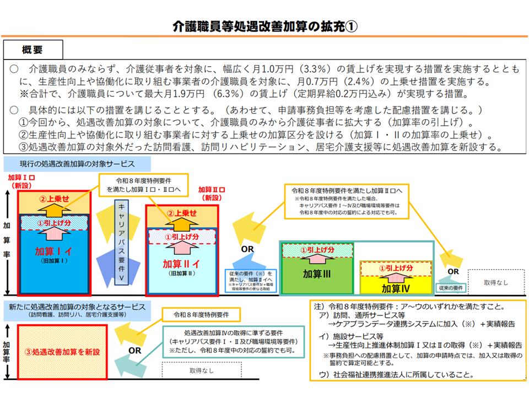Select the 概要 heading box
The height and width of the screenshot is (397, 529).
(x=33, y=50)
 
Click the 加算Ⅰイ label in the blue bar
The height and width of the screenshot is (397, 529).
(x=53, y=251)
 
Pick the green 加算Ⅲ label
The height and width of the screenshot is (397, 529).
(x=316, y=273)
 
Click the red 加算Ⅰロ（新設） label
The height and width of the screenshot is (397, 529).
(x=23, y=183)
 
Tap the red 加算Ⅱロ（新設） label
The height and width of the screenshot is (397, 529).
(x=213, y=193)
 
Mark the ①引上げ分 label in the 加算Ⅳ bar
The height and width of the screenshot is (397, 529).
(x=395, y=269)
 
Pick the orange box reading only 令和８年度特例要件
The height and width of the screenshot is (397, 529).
(x=201, y=315)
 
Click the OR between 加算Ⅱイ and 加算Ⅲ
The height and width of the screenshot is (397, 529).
(x=247, y=249)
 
